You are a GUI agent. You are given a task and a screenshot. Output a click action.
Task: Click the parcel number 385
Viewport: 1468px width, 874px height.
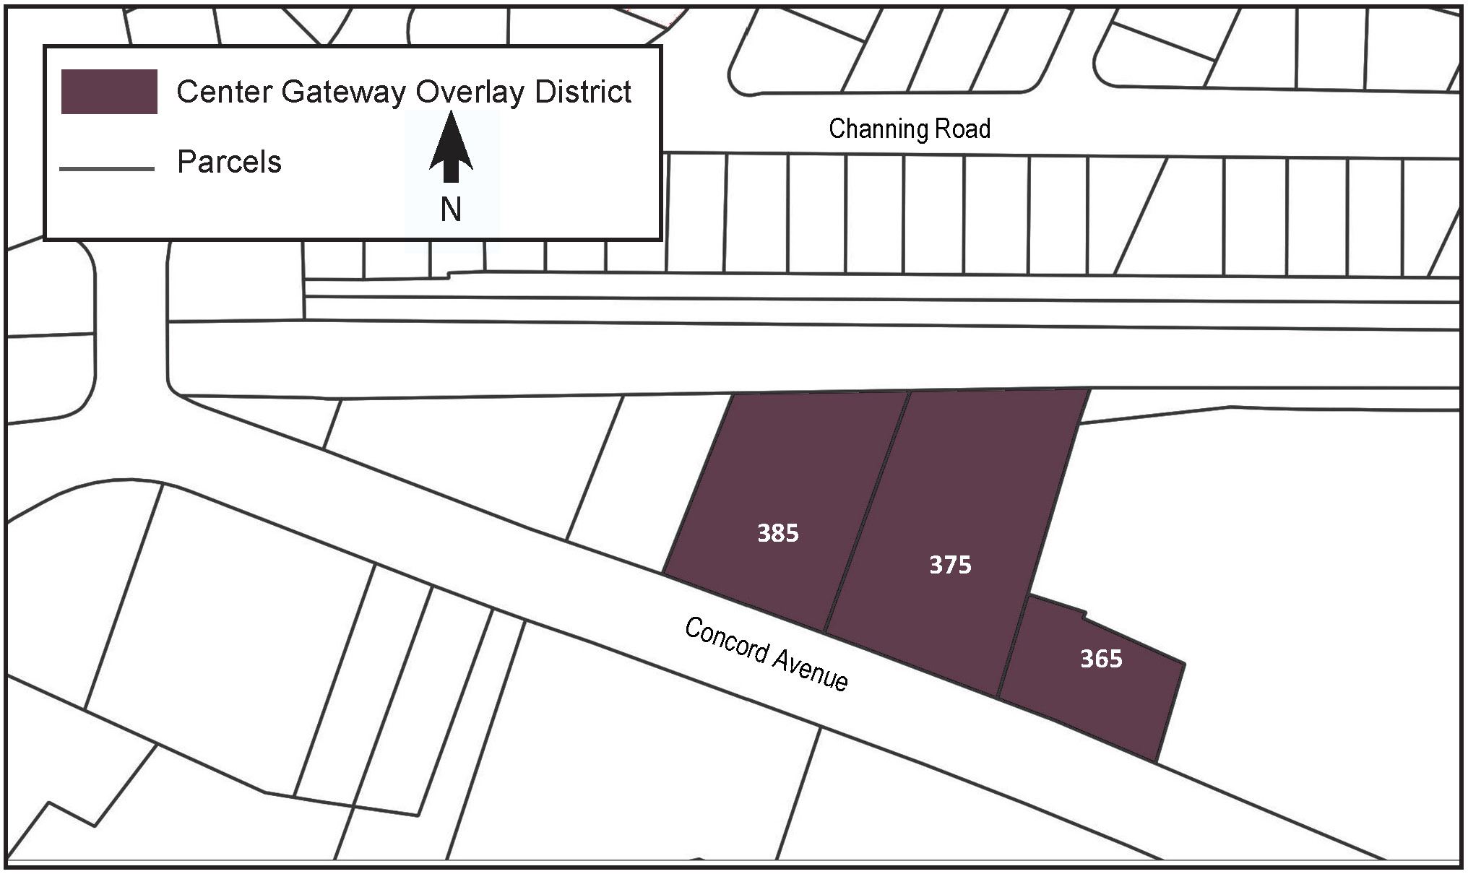pyautogui.click(x=777, y=533)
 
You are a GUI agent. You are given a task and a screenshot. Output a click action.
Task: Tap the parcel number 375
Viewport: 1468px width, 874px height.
pyautogui.click(x=950, y=565)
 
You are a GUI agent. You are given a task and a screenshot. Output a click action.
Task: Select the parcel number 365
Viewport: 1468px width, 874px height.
pyautogui.click(x=1101, y=659)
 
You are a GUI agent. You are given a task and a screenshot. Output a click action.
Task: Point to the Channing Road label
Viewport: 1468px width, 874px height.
pyautogui.click(x=909, y=129)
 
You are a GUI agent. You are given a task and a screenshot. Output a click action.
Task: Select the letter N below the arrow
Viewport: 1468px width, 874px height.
pyautogui.click(x=451, y=210)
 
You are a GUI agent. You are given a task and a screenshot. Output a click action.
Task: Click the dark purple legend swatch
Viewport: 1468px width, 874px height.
pyautogui.click(x=109, y=92)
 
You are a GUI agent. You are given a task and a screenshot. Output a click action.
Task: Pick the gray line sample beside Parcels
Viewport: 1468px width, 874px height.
pyautogui.click(x=107, y=169)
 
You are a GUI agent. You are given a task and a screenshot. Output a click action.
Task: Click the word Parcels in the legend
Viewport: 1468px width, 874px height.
pyautogui.click(x=229, y=163)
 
